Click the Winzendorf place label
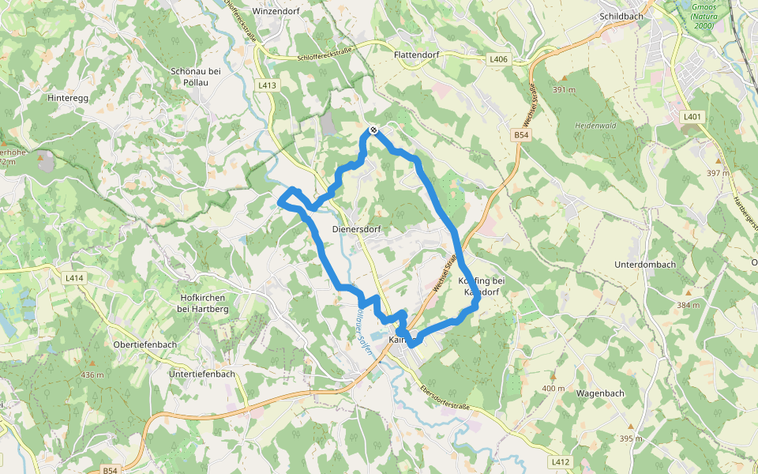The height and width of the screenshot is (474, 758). [278, 12]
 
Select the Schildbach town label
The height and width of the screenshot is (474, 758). [621, 15]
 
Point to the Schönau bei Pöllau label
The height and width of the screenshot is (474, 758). [195, 77]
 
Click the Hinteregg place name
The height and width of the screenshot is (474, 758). [66, 98]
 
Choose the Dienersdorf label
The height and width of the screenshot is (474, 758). [351, 230]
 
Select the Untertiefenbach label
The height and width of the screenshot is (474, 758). [201, 374]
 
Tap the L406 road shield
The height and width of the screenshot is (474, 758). [498, 59]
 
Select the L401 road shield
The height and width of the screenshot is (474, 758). [692, 117]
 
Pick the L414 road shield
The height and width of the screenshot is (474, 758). [74, 278]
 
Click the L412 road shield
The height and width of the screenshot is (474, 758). [561, 461]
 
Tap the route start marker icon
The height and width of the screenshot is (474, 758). [373, 130]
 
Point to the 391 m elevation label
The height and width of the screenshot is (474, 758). [565, 90]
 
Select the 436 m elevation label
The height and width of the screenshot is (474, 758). [92, 374]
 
